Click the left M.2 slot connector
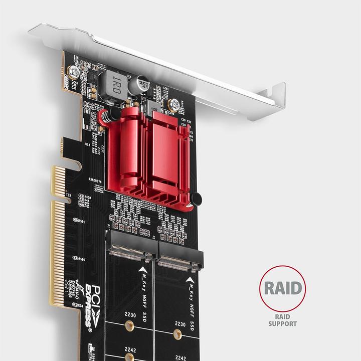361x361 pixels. (x=131, y=252)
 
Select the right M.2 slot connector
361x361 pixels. (x=181, y=260)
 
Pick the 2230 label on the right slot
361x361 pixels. (x=179, y=324)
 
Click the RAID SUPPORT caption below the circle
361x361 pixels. (x=282, y=320)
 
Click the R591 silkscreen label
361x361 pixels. (x=79, y=221)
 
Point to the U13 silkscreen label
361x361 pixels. (x=88, y=145)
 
